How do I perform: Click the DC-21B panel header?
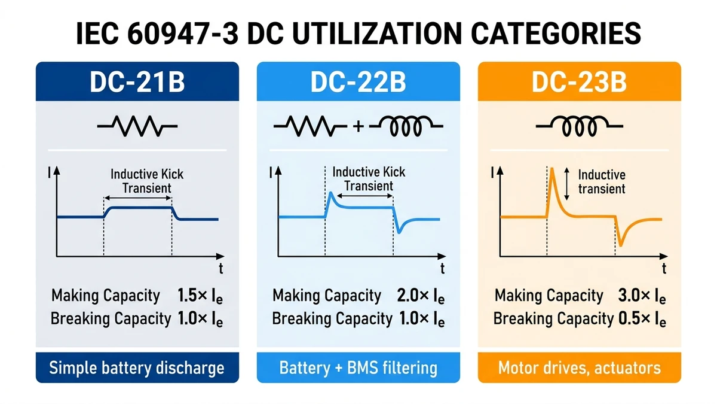tap(137, 83)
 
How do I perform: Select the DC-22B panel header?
tap(358, 83)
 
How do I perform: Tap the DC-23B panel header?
tap(579, 83)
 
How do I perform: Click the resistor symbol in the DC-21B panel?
tap(137, 126)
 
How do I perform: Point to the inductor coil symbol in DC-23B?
tap(579, 126)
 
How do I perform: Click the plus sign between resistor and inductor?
tap(358, 127)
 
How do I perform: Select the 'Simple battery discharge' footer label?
tap(137, 367)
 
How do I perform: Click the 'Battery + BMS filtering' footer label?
tap(358, 367)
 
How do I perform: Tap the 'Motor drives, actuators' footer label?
tap(579, 367)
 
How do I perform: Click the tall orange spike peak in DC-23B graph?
tap(551, 171)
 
